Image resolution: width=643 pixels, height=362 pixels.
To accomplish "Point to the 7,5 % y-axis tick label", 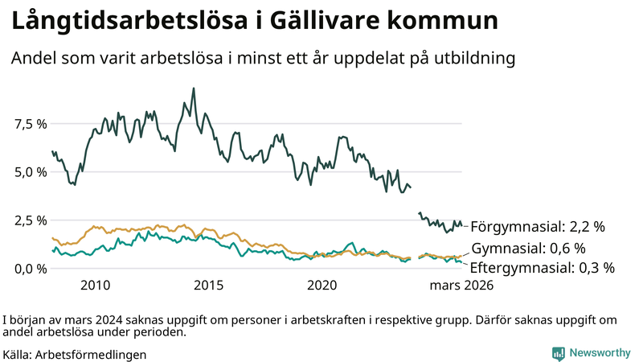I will (x=31, y=124).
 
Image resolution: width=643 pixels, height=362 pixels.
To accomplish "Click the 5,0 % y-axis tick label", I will (x=31, y=172).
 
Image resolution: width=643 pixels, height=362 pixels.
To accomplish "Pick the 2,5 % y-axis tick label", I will (x=31, y=220).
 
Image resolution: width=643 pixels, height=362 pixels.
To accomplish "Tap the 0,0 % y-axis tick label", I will (x=31, y=269).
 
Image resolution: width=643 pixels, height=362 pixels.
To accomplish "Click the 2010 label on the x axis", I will (x=95, y=286).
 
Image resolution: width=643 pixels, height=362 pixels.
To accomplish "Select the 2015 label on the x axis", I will (x=209, y=286).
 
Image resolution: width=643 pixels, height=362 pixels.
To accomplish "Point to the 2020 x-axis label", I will (x=322, y=286).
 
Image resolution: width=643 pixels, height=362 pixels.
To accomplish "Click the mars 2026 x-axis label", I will (x=461, y=286).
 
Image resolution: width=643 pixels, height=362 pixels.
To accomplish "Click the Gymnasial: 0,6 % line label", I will (x=528, y=248).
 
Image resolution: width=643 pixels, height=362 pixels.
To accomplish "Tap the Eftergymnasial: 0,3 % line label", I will (x=542, y=268).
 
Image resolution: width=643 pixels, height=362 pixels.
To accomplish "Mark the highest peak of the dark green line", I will (x=193, y=88).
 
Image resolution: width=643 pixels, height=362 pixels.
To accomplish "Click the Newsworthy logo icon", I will (x=558, y=353).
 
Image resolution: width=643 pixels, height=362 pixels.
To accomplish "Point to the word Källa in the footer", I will (x=17, y=354).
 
